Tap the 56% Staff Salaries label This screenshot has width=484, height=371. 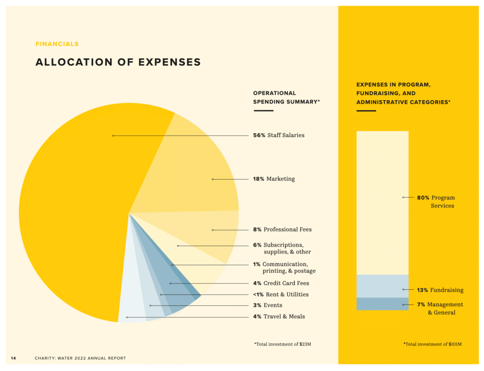click(278, 135)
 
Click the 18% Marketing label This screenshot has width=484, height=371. click(274, 179)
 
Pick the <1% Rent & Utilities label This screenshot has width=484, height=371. click(280, 294)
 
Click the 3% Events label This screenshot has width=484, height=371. click(268, 305)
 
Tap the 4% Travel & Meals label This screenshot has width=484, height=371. click(279, 317)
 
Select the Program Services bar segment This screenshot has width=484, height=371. click(382, 203)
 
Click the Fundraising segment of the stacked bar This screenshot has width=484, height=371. click(382, 286)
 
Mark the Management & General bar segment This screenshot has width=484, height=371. click(382, 303)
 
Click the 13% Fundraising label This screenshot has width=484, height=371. click(440, 290)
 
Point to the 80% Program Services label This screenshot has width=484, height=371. click(435, 202)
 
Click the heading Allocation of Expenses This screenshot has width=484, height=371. click(118, 62)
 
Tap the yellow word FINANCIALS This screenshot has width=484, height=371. click(57, 44)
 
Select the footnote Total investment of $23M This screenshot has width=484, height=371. click(283, 344)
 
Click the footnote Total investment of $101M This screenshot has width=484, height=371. click(432, 344)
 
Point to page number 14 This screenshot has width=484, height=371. click(13, 358)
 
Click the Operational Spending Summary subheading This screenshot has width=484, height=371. click(286, 97)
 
